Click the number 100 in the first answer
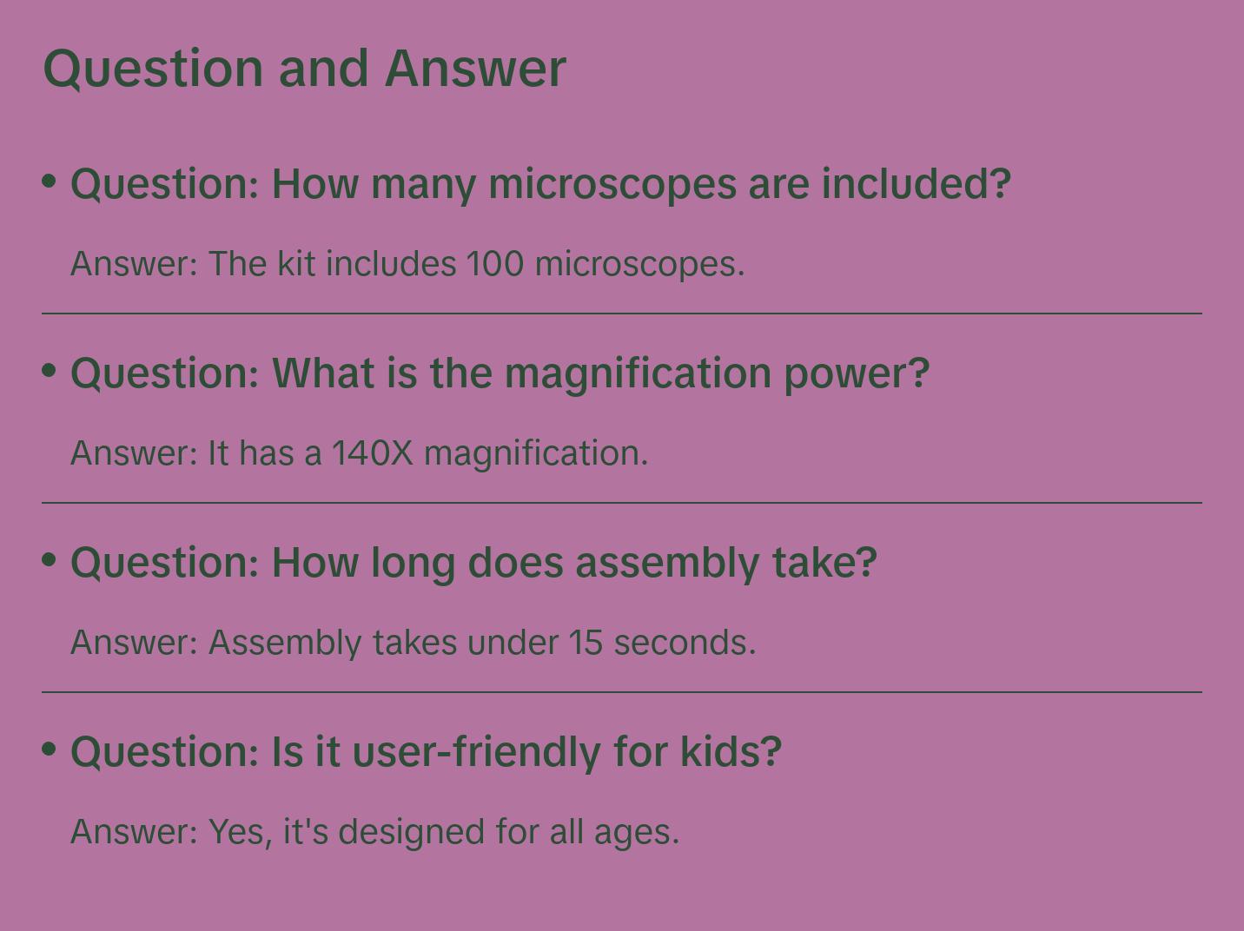[495, 264]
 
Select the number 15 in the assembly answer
[586, 643]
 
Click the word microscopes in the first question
[612, 184]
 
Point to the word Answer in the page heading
[475, 69]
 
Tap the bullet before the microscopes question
[50, 181]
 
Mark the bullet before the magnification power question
[50, 370]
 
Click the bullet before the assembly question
[50, 559]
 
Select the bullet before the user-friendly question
[50, 749]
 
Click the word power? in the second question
[857, 373]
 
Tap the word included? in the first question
[916, 184]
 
